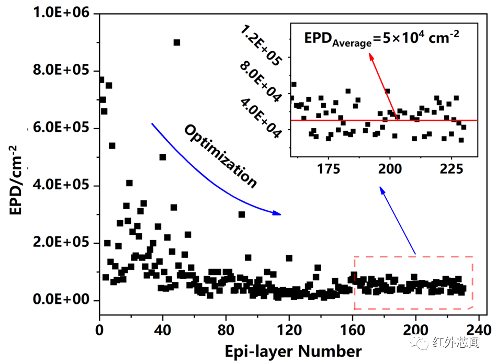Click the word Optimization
220,156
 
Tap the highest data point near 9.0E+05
177,42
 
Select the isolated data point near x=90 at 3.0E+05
242,214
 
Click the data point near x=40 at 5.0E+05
163,157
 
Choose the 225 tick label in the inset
451,169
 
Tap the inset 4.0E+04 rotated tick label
261,117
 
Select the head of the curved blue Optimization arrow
278,213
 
